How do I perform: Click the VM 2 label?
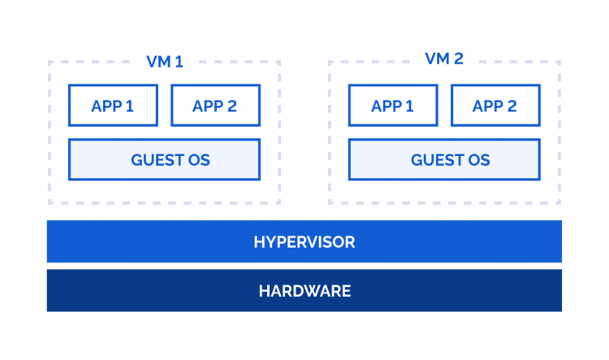point(443,59)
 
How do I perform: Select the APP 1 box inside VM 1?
point(113,106)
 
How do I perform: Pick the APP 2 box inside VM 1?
point(214,106)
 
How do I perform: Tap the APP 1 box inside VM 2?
point(392,106)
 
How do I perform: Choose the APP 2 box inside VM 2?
point(495,106)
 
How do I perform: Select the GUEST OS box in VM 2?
point(443,159)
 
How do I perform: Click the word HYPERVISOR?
point(304,242)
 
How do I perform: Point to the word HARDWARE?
point(304,291)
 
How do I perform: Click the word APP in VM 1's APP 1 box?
point(106,106)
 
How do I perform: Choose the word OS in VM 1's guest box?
point(199,160)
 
